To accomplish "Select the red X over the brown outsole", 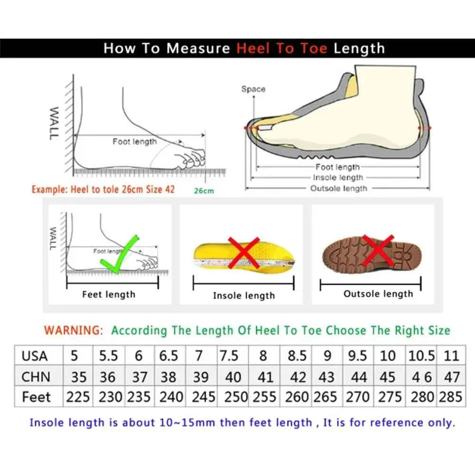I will pos(378,251).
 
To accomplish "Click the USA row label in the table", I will pos(35,356).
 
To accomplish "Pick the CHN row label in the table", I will pos(36,377).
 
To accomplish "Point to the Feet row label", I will pos(36,397).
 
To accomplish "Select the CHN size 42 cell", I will pos(298,377).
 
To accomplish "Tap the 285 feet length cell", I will pos(450,397).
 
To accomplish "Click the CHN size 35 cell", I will pos(78,377).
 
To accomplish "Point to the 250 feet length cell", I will pos(236,397).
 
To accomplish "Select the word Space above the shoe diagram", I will pos(253,89).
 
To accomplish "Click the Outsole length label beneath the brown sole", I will pos(378,294).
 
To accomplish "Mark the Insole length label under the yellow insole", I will pos(244,295).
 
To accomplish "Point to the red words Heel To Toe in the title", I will pos(282,48).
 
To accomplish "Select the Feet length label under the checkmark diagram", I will pos(108,294).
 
